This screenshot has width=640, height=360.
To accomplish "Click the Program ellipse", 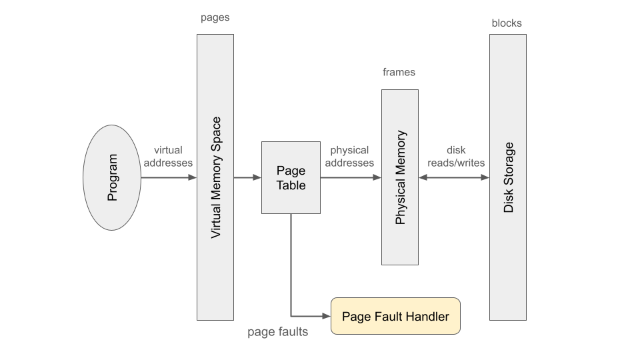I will pos(112,178).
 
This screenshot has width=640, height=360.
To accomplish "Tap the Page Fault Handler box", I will pos(395,316).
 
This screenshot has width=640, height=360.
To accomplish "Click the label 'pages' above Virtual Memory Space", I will pos(215,18).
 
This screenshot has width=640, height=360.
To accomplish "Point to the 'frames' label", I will pos(399,72).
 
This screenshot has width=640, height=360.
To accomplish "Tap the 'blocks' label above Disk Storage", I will pos(507,23).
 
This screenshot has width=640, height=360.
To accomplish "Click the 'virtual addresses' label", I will pos(168,157).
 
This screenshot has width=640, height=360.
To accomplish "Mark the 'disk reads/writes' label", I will pos(456,157).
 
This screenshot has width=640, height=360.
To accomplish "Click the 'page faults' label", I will pos(278,331).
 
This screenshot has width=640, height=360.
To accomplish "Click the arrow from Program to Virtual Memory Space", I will pos(168,178).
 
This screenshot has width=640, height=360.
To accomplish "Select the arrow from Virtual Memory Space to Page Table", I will pos(247,178).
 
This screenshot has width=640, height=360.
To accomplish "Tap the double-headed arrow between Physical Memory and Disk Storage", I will pos(454,178).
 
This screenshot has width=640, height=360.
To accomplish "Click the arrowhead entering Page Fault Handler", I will pos(327,316).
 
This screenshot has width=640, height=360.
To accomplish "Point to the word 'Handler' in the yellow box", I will pos(427,317).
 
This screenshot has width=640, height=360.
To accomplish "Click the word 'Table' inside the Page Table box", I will pos(291,185).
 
